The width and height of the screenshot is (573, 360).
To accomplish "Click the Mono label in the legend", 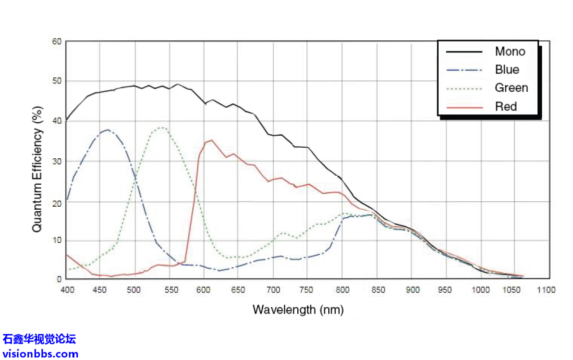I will coord(510,51).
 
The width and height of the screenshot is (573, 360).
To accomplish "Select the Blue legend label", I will coord(507,69).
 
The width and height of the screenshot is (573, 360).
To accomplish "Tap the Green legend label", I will coord(511,88).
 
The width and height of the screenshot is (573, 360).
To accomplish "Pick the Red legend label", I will coord(506,106).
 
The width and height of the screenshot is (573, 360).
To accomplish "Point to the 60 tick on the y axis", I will coord(56,42).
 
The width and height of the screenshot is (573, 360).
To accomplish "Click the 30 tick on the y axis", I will coord(56,161).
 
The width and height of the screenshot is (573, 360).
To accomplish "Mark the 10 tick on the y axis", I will coord(56,241).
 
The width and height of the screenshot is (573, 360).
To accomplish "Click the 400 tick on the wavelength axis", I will coord(67,290).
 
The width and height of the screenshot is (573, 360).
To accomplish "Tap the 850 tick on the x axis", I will coord(377,290).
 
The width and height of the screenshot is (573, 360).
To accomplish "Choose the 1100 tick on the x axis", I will coord(548,290).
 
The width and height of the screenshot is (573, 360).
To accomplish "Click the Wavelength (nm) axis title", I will coord(298,310).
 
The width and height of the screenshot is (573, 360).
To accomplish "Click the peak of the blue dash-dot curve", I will coord(107,130).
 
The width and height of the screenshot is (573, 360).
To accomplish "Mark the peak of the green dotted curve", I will coord(162,128).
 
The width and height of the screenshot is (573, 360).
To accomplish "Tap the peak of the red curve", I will coord(211,140).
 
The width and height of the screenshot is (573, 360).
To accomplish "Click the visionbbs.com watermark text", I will coord(40,354).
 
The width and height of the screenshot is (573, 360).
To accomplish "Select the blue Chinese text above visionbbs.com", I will coord(39,340).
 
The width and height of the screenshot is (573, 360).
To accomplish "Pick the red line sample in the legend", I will coord(464,107).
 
